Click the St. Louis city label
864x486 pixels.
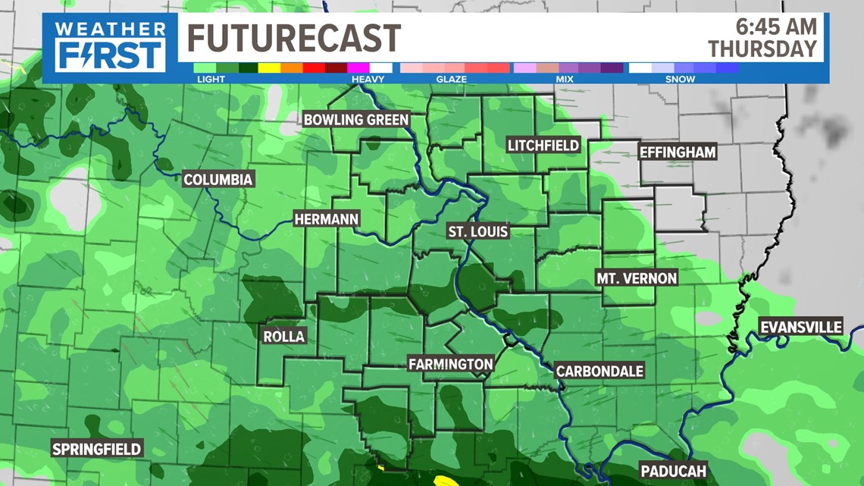click(x=477, y=231)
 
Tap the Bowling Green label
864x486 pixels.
click(x=356, y=119)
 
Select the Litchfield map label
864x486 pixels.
click(x=543, y=145)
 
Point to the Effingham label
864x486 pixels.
click(x=678, y=152)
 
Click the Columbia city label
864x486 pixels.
click(x=218, y=180)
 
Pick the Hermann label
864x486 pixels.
click(x=327, y=219)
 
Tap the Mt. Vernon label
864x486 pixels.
click(x=637, y=278)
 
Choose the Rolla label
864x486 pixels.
click(x=284, y=336)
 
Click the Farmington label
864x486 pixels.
click(x=450, y=364)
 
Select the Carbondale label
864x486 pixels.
click(x=599, y=371)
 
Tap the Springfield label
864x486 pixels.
click(x=96, y=449)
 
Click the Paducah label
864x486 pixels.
click(x=673, y=471)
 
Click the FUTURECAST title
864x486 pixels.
click(x=294, y=38)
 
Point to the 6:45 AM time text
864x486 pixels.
click(x=777, y=27)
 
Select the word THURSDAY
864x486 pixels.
click(x=763, y=49)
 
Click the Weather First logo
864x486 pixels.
click(x=110, y=47)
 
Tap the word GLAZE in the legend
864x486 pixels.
click(x=451, y=79)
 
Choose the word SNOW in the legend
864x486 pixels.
click(x=680, y=79)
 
